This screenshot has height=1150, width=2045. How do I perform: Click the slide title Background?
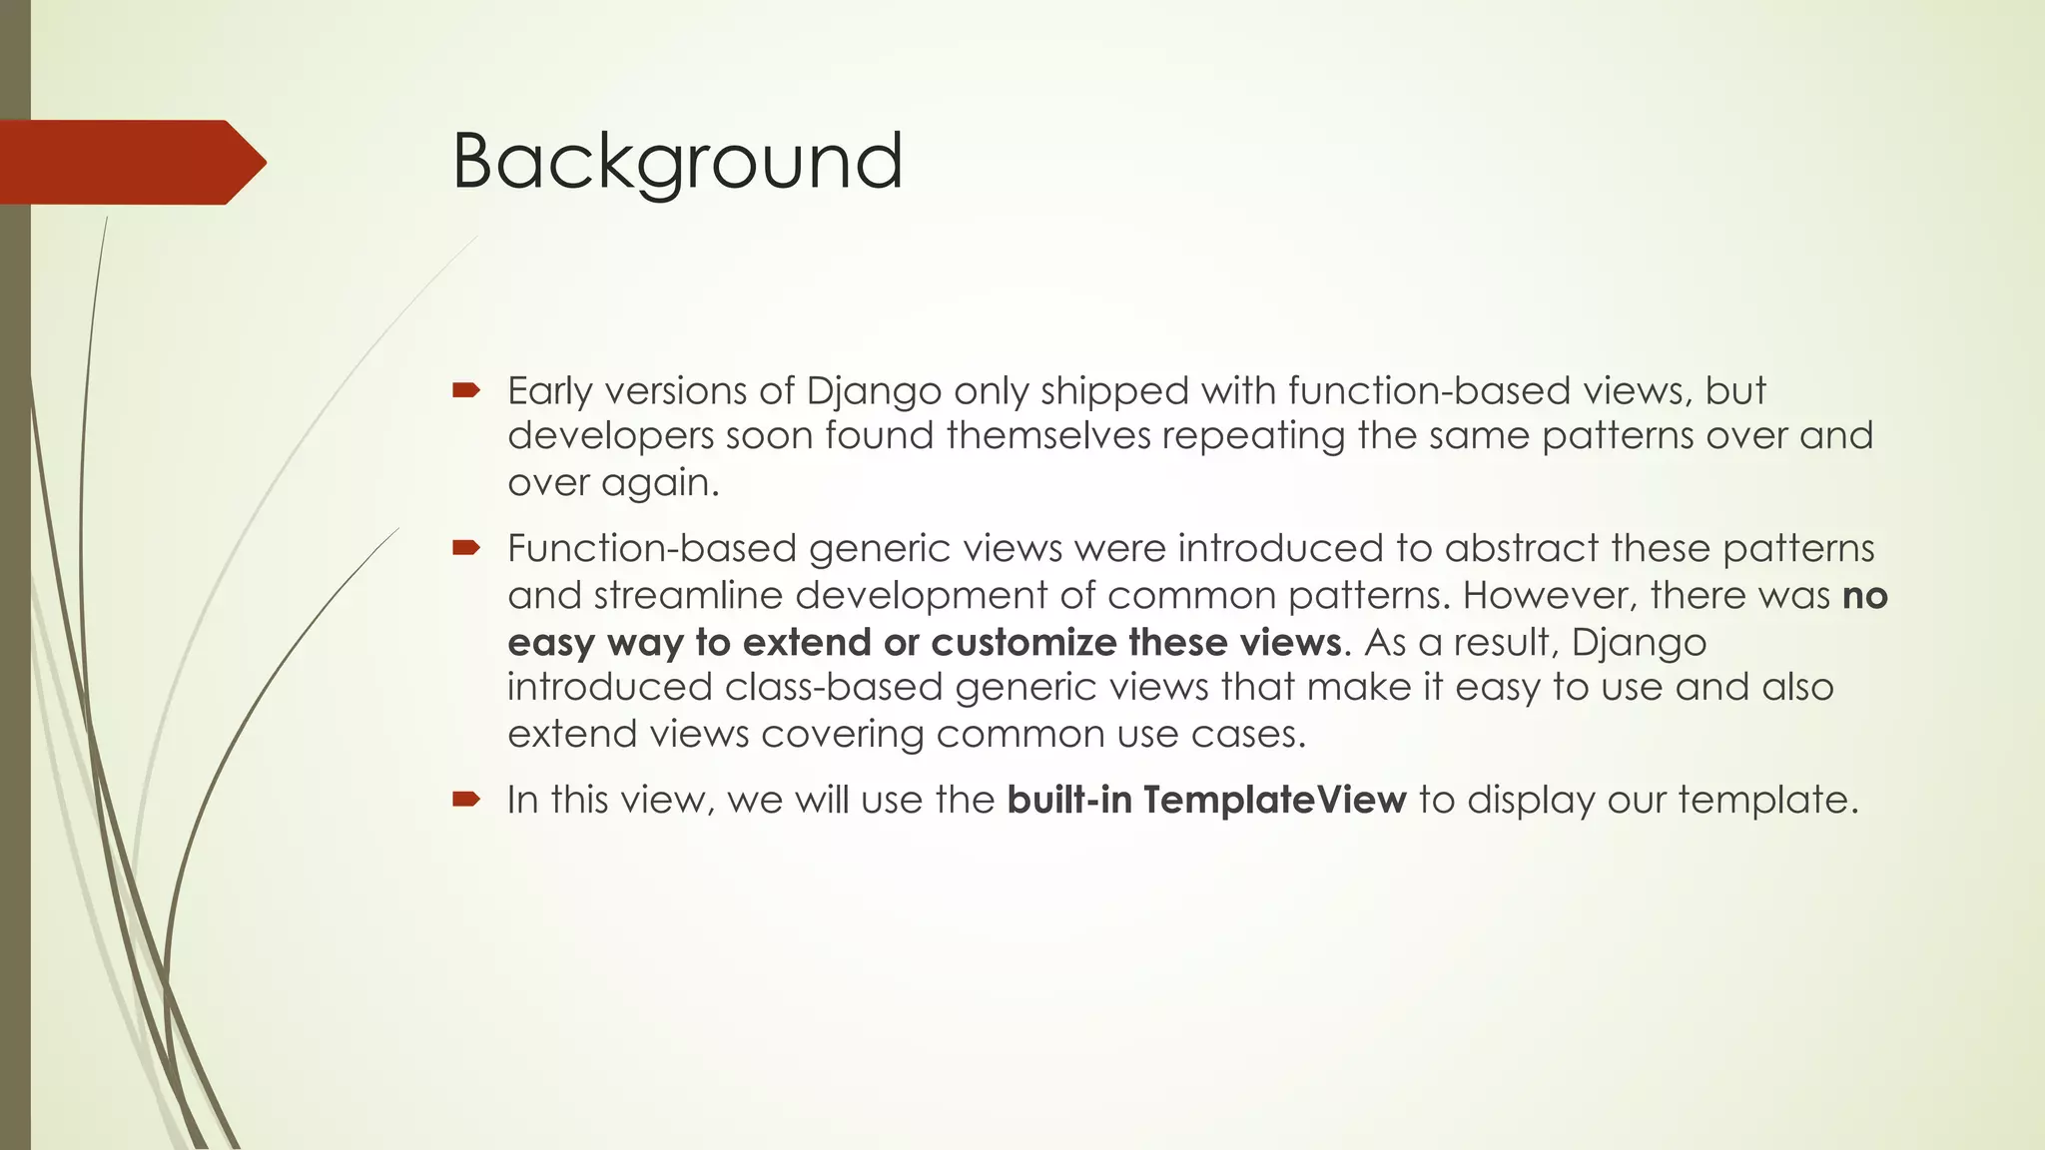pos(677,162)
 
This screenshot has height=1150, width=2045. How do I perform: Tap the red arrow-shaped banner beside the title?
pos(130,162)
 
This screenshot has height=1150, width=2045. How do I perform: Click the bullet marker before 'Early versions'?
pos(466,390)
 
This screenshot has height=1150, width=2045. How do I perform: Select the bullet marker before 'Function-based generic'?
pos(466,547)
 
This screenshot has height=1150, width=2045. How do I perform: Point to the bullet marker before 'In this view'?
pos(466,799)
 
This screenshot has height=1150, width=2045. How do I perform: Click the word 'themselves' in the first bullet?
pos(1048,436)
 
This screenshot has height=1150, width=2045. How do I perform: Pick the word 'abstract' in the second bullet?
pos(1522,549)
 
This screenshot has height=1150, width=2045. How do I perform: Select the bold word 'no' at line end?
pos(1864,596)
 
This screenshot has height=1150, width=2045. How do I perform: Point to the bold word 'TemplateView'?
pos(1274,801)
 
